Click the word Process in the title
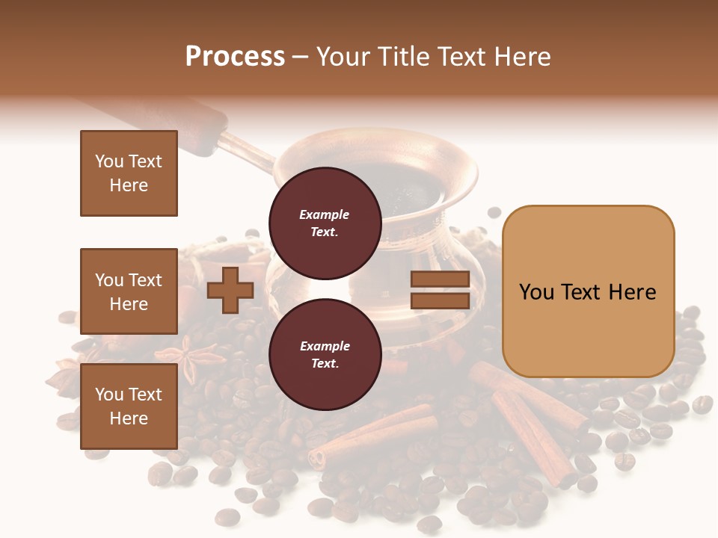(235, 57)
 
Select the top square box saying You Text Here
(129, 173)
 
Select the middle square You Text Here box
(129, 291)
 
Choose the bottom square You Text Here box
(129, 406)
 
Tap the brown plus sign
(230, 291)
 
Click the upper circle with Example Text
(325, 223)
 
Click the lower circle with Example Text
(325, 354)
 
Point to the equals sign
(440, 291)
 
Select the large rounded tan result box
(588, 291)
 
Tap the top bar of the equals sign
(440, 279)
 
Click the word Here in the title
(524, 57)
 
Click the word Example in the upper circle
(325, 214)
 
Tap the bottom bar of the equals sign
(440, 301)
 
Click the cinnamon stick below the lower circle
(374, 433)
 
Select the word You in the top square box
(109, 161)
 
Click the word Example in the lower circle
(325, 346)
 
